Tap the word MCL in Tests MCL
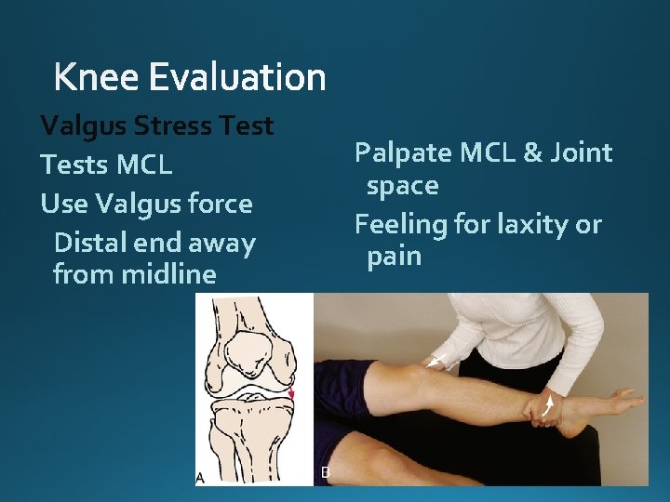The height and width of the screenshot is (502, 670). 144,165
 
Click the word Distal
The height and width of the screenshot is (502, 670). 89,244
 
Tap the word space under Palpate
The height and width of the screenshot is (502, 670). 402,186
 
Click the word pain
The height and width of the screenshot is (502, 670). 394,257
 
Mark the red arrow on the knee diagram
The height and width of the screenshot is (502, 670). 291,394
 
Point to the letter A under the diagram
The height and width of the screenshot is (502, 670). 200,477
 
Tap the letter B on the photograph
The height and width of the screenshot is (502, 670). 325,472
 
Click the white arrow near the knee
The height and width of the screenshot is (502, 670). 433,363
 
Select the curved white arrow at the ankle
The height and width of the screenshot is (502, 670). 549,406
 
